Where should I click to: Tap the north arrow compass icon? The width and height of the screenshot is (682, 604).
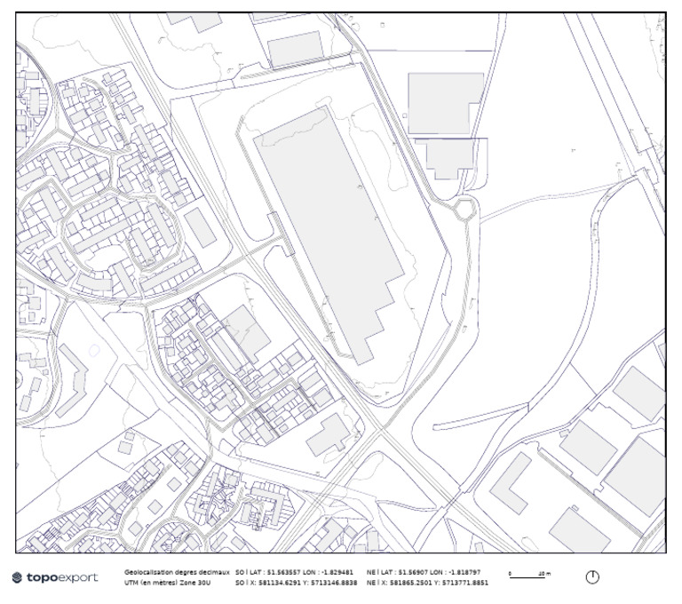pyautogui.click(x=592, y=577)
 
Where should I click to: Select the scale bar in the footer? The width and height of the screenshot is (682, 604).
pyautogui.click(x=529, y=574)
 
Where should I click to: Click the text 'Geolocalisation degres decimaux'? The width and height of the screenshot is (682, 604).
pyautogui.click(x=177, y=572)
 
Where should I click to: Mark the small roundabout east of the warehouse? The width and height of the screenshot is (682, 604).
pyautogui.click(x=464, y=210)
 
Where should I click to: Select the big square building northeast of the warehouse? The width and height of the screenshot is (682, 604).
pyautogui.click(x=445, y=103)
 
